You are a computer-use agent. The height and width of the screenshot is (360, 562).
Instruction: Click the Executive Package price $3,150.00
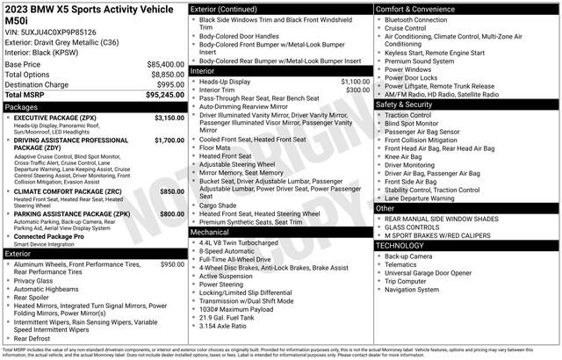[x=169, y=117]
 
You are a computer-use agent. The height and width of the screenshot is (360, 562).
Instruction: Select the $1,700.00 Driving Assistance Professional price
[x=169, y=140]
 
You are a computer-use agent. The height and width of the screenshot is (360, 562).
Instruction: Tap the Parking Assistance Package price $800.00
[x=172, y=213]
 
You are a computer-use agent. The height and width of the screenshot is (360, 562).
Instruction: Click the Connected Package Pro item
[x=49, y=236]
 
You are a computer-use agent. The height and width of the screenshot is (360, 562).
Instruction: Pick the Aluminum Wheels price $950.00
[x=172, y=264]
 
